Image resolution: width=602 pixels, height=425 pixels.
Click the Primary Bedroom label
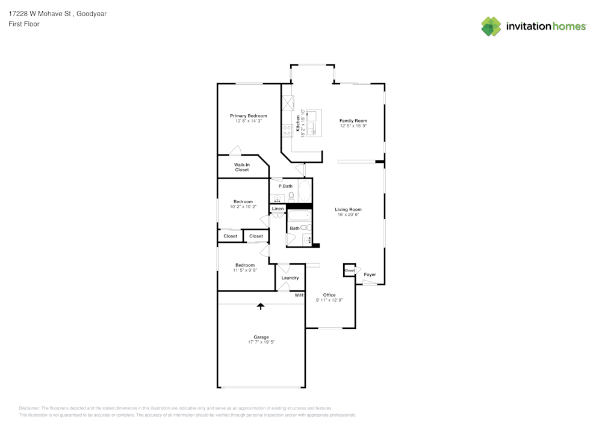click(x=249, y=116)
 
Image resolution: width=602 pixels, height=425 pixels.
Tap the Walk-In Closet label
click(x=242, y=168)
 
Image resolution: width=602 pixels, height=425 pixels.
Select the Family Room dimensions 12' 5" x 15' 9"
click(x=353, y=126)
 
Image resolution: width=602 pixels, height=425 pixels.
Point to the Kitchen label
click(x=298, y=123)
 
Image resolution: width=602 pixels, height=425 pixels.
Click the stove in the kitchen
click(x=287, y=130)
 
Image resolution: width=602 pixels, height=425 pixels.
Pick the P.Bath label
click(x=285, y=186)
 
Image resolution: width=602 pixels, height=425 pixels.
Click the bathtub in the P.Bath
click(x=305, y=191)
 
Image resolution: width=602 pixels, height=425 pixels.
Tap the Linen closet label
click(x=278, y=209)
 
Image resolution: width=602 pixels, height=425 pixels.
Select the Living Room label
click(x=348, y=209)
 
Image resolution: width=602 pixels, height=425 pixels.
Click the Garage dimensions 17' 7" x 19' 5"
click(x=261, y=342)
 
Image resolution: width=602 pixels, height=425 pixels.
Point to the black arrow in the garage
click(x=261, y=306)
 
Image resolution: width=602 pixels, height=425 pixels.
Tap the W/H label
click(x=299, y=295)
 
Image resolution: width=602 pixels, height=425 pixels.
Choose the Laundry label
click(x=290, y=278)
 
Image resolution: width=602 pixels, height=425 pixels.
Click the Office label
click(x=329, y=295)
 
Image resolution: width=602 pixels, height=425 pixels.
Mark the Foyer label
click(x=370, y=274)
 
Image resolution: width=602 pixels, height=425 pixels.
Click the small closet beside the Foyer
click(x=349, y=270)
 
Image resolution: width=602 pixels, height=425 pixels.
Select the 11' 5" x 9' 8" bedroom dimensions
click(x=245, y=270)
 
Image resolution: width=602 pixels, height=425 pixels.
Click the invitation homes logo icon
click(x=491, y=26)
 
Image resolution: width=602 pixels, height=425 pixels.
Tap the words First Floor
click(x=24, y=24)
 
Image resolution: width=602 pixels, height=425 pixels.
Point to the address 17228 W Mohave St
click(x=40, y=14)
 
